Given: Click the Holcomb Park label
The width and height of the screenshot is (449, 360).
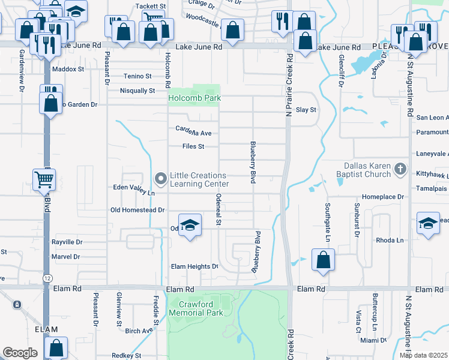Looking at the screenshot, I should click(x=194, y=98).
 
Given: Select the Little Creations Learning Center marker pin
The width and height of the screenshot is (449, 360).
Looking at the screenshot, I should click(x=160, y=179).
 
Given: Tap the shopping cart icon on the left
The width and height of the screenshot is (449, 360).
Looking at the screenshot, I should click(x=44, y=179).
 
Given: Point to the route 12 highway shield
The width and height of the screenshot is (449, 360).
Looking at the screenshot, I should click(x=47, y=278).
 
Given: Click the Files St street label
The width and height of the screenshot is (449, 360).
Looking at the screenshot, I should click(x=193, y=146).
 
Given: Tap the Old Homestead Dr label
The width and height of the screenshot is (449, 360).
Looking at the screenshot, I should click(x=137, y=210).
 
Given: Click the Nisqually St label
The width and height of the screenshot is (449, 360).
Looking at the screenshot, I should click(x=137, y=91).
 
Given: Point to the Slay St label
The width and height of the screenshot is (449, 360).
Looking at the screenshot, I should click(x=306, y=110).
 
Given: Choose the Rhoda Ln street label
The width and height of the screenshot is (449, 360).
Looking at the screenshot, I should click(x=390, y=240).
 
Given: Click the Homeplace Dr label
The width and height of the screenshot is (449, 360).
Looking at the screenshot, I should click(x=384, y=197).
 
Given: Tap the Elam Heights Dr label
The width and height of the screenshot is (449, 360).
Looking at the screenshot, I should click(x=194, y=266).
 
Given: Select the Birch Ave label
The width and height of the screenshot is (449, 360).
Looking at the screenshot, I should click(x=139, y=331).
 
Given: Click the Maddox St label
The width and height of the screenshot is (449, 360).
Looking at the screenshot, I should click(x=68, y=69).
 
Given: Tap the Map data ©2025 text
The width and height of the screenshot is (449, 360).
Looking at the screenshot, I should click(x=423, y=355).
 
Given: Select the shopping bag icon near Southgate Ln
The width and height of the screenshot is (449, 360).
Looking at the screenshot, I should click(x=323, y=260).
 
